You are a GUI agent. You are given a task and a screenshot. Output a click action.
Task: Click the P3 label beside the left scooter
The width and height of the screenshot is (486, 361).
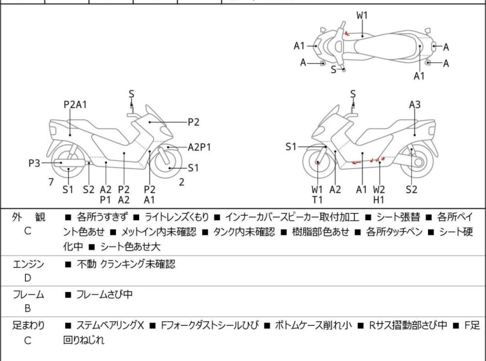pos(34,163)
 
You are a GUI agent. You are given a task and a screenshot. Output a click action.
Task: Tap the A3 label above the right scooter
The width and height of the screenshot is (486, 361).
pos(415,104)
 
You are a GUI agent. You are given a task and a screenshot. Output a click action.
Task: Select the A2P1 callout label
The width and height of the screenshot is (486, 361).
pos(199,147)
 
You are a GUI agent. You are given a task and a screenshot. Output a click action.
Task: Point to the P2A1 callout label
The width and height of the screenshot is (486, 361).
pos(75,104)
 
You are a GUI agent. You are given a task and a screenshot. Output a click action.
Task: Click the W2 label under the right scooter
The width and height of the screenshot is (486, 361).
pos(379,189)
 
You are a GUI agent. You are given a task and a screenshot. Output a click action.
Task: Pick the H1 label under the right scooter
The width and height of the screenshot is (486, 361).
pos(379,200)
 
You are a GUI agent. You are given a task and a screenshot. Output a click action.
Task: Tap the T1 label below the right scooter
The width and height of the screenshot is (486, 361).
pos(317,200)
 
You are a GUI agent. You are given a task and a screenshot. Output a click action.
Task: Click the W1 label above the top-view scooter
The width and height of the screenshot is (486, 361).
pos(362,15)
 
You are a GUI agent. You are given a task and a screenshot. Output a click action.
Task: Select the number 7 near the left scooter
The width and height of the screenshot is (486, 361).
pos(50,182)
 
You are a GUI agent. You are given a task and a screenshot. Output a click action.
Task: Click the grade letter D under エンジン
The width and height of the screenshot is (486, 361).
pos(28,277)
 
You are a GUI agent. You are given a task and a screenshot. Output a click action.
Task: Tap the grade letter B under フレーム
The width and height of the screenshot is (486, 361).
pos(28,308)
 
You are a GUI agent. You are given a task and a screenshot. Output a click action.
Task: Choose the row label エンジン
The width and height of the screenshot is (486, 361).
pos(28,264)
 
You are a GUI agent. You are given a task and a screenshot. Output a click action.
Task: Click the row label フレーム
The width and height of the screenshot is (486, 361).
pos(28,295)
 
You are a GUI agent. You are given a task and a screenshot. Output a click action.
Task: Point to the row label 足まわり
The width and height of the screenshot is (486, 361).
pos(28,326)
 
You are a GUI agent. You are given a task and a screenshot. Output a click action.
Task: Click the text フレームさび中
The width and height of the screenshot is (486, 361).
pos(104,295)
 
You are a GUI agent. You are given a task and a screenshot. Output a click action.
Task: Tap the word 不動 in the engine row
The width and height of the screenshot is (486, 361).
pos(86,264)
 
